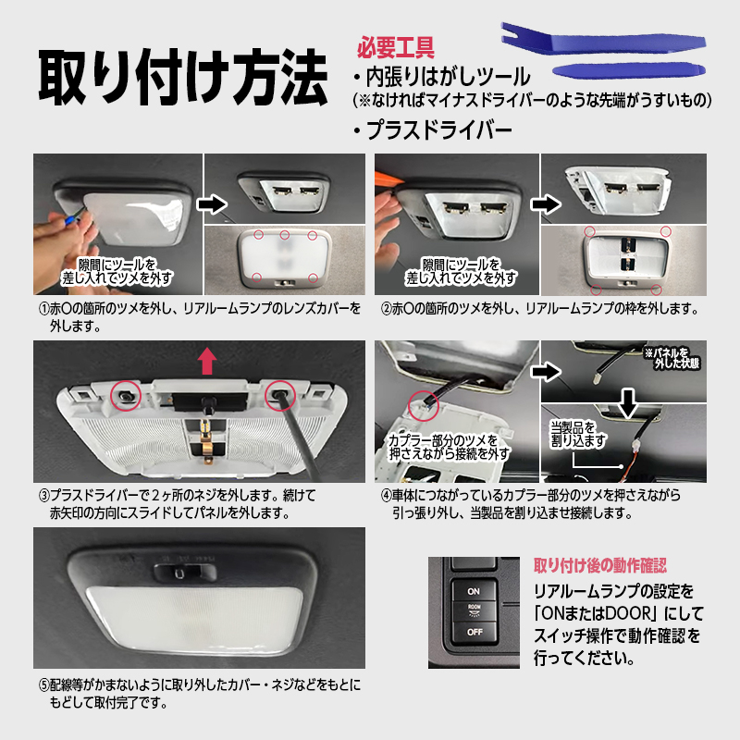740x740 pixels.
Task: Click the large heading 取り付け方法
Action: click(183, 77)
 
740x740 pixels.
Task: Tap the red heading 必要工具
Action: click(396, 47)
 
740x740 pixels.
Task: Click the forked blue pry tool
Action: click(603, 39)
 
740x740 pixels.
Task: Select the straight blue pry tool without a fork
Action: click(629, 71)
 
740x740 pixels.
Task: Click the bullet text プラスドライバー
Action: click(433, 129)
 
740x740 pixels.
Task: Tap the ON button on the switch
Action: click(474, 591)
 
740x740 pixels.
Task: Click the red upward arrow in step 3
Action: click(206, 361)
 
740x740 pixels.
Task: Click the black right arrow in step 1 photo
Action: click(212, 204)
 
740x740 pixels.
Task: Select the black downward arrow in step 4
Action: click(628, 403)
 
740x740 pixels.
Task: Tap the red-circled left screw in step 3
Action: click(126, 396)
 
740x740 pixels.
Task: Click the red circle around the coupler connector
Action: click(424, 406)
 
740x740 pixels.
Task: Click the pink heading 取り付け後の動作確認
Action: click(599, 565)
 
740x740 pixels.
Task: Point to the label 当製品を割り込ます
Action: click(577, 434)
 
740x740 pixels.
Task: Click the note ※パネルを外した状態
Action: click(672, 358)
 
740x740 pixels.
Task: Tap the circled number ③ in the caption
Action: click(43, 496)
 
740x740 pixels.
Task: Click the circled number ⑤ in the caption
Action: click(43, 684)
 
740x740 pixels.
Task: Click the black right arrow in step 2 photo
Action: click(546, 204)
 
